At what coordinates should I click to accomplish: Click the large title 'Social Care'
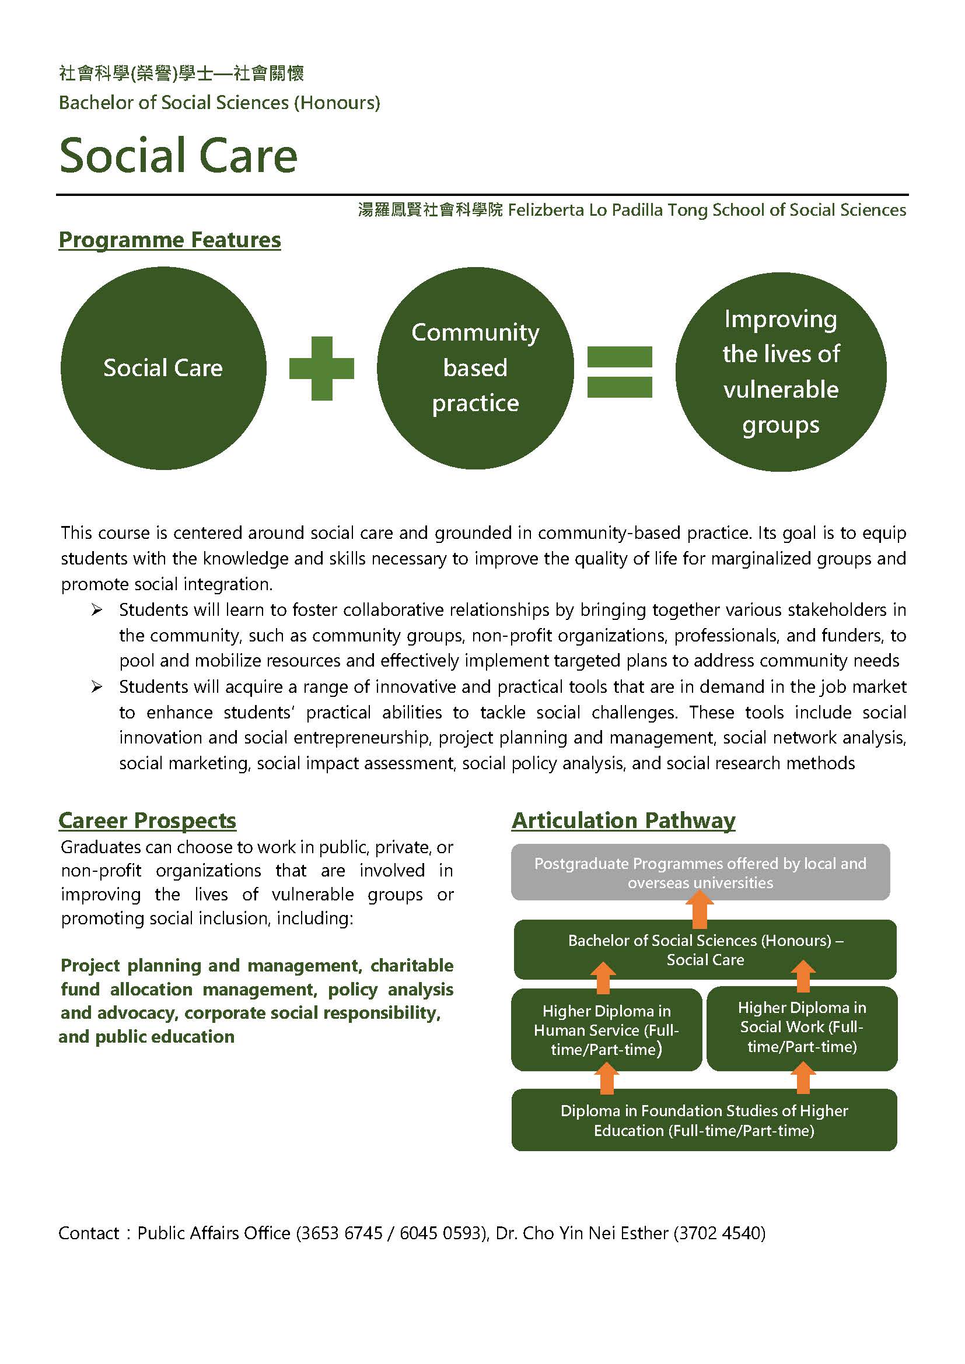(179, 155)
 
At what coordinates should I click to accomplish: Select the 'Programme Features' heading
(170, 240)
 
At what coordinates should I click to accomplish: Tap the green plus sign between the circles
(321, 369)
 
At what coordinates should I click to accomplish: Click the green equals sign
(620, 372)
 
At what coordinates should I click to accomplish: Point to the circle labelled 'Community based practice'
(475, 369)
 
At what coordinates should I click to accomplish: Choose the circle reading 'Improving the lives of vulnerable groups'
(781, 372)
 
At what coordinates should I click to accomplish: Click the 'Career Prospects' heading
(148, 820)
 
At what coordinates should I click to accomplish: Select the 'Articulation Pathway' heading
(623, 820)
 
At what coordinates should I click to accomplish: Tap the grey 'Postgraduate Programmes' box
(701, 871)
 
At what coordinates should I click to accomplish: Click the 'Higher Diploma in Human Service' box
(607, 1029)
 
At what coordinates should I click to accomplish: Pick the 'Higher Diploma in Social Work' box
(802, 1028)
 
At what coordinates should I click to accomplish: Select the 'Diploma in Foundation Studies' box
(704, 1120)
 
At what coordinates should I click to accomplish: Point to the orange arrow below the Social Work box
(803, 1078)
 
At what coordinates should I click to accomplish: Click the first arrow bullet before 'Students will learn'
(97, 610)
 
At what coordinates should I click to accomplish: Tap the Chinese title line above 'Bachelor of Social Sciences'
(181, 73)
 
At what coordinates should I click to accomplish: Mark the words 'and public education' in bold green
(147, 1037)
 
